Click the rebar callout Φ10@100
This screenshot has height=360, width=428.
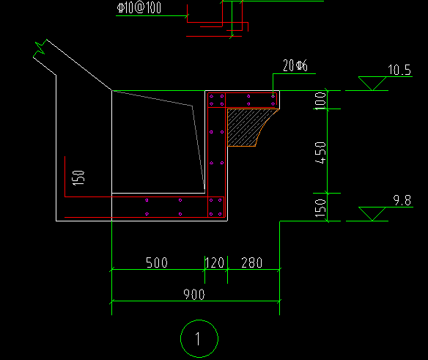coord(139,7)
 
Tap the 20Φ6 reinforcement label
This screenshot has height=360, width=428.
coord(295,65)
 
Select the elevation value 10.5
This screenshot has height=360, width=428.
coord(399,70)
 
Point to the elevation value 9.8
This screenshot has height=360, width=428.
coord(402,200)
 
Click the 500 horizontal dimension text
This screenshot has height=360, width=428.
coord(157,262)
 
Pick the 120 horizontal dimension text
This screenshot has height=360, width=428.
coord(215,262)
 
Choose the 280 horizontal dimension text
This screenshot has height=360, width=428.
coord(251,262)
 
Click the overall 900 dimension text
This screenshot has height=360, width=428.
coord(194,295)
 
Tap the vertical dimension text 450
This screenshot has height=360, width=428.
coord(320,153)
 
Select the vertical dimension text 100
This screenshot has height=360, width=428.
coord(320,100)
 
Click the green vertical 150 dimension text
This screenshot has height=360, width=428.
coord(320,208)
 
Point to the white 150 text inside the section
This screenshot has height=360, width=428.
coord(78,178)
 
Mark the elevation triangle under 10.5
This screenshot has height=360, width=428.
coord(372,84)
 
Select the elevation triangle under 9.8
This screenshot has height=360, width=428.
coord(372,214)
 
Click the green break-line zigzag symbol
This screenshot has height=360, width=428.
coord(40,48)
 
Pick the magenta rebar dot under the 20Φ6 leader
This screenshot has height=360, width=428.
coord(273,96)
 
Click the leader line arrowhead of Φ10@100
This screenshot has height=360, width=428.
coord(188,16)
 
